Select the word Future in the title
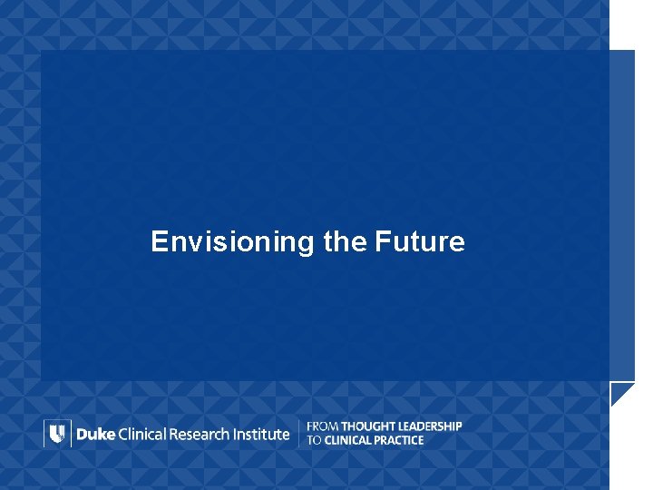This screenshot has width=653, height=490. click(419, 242)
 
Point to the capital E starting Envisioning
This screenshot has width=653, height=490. click(160, 242)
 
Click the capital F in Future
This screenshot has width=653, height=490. click(381, 242)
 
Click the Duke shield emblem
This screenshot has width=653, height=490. click(56, 434)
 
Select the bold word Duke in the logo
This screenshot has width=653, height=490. click(95, 434)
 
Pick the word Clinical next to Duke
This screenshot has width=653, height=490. click(143, 434)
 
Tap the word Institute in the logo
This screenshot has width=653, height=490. click(261, 434)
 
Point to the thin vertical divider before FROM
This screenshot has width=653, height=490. click(298, 434)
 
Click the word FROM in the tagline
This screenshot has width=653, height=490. click(323, 426)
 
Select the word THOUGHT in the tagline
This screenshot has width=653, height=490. click(368, 426)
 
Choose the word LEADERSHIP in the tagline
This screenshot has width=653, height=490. click(430, 426)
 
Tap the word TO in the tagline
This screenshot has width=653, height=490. click(314, 440)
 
